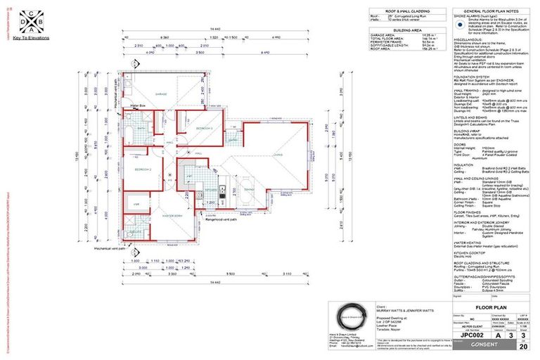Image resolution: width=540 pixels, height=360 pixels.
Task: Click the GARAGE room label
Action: click(161, 94)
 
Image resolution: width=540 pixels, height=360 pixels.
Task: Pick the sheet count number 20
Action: click(522, 346)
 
